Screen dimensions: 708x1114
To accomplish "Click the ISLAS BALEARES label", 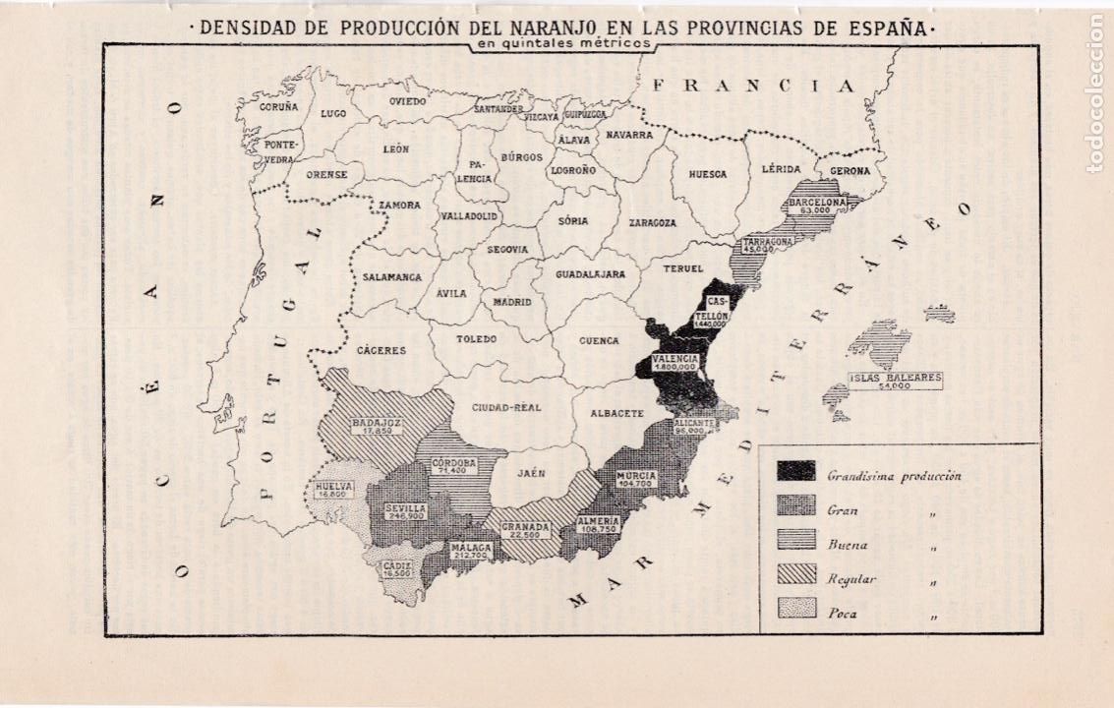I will pos(896,377).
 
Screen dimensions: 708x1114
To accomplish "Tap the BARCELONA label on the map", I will pos(814,203).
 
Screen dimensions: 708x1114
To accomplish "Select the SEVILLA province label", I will pos(405,508).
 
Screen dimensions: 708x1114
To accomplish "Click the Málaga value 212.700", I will pos(470,555).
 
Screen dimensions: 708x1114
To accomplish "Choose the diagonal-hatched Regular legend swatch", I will pos(796,573).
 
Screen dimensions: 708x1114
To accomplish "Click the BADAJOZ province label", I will pos(370,424).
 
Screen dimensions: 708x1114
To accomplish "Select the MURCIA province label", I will pos(637,474).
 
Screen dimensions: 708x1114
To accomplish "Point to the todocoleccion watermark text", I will pos(1094,93).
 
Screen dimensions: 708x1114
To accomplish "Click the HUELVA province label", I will pos(334,485).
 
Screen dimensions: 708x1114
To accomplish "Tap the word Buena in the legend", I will pos(847,544).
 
